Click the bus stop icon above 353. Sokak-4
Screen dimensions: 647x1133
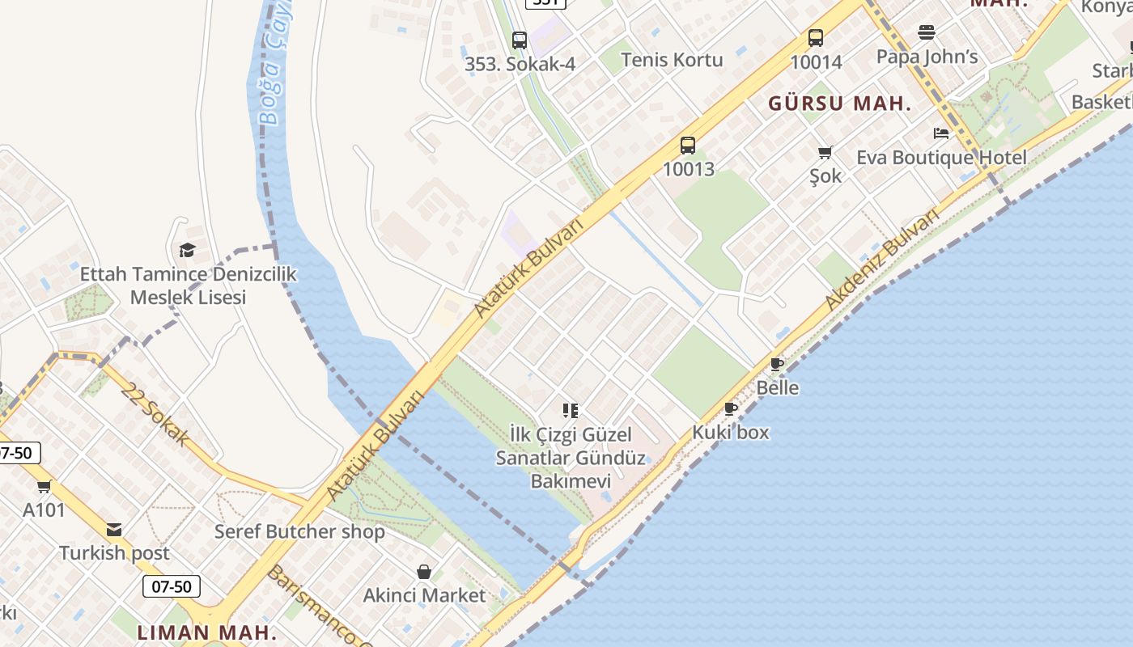[x=520, y=40]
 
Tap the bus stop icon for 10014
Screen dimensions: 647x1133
[x=816, y=38]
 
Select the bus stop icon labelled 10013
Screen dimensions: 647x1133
[x=688, y=146]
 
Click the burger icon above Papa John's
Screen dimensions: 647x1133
[x=927, y=33]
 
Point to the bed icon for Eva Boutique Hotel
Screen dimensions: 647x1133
[x=941, y=133]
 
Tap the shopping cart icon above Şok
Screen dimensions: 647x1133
[x=825, y=152]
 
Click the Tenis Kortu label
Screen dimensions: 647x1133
[x=672, y=60]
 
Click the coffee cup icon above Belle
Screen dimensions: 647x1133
[x=777, y=365]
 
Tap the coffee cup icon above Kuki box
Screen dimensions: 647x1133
[x=731, y=409]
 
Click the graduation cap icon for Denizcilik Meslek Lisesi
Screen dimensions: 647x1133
[x=188, y=250]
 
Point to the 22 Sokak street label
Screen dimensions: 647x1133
[x=155, y=414]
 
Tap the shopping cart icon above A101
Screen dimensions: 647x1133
[x=44, y=487]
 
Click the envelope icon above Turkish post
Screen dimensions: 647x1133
[x=114, y=530]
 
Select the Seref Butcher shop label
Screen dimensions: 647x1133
[x=299, y=532]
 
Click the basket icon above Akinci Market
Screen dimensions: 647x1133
[x=424, y=573]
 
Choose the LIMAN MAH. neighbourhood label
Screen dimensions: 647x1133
[x=206, y=632]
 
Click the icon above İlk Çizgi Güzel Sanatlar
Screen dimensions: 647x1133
[x=571, y=411]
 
